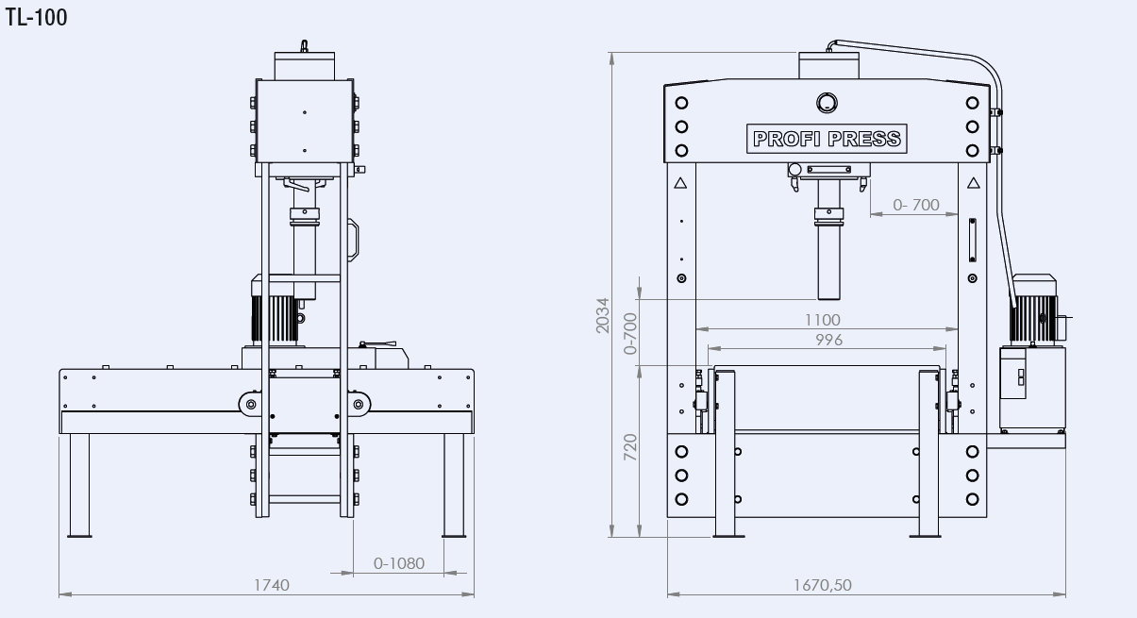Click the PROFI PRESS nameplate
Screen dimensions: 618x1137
point(826,139)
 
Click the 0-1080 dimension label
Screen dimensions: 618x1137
point(399,563)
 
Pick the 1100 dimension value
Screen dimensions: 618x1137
point(824,320)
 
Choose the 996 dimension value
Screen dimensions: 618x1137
point(827,339)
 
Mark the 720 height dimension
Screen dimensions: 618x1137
point(630,444)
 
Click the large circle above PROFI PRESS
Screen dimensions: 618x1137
point(826,102)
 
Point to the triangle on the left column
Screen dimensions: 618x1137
point(679,185)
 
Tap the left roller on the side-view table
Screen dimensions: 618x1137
point(250,405)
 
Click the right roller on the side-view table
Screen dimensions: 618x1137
point(359,405)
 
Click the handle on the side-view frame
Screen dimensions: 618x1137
point(355,240)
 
